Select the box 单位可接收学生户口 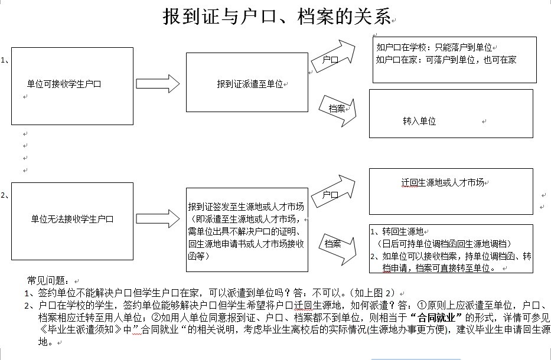(x=72, y=85)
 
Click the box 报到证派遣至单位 (x=247, y=82)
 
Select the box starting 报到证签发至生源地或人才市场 (x=247, y=230)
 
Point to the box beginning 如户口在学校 (x=454, y=60)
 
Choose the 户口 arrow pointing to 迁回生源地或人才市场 (x=335, y=192)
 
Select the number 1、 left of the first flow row (x=5, y=60)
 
